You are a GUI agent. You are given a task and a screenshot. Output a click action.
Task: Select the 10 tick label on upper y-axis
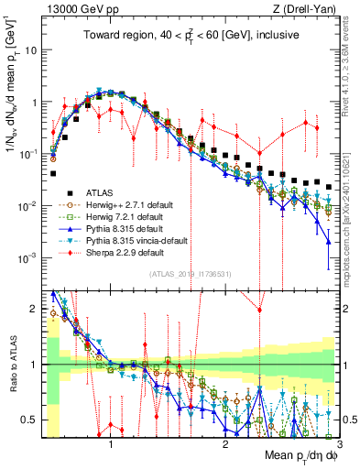pos(30,49)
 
